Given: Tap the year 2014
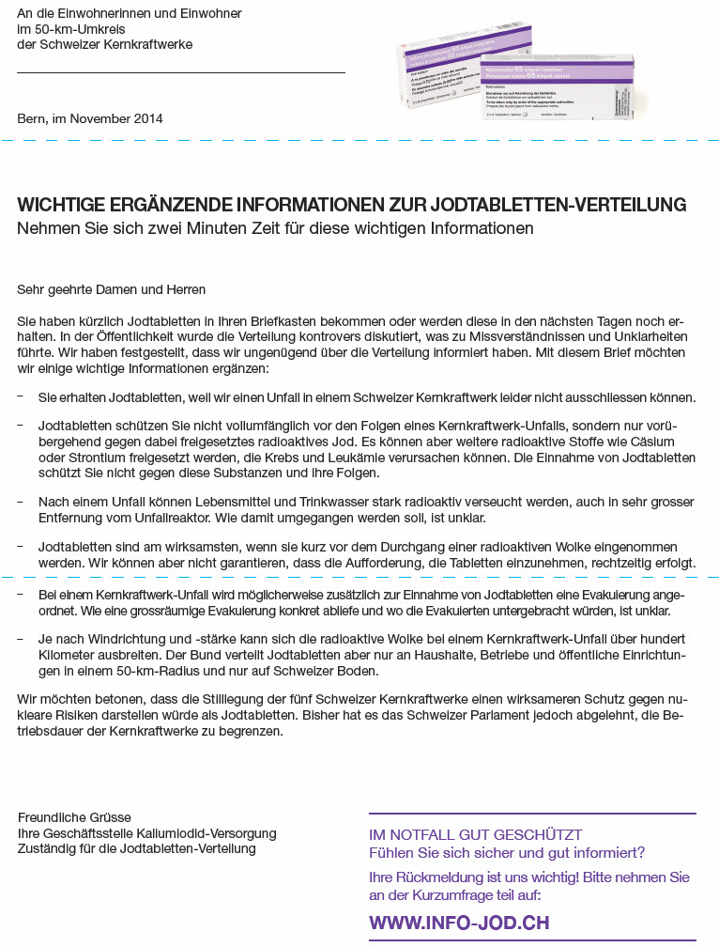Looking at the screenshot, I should pyautogui.click(x=146, y=118).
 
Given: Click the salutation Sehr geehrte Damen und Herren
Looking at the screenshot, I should pyautogui.click(x=111, y=290).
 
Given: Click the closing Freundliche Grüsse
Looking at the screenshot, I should pyautogui.click(x=74, y=817).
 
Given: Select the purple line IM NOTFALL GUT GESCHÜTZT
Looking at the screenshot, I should pyautogui.click(x=476, y=834).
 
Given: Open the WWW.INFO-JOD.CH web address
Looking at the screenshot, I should pyautogui.click(x=459, y=923).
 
